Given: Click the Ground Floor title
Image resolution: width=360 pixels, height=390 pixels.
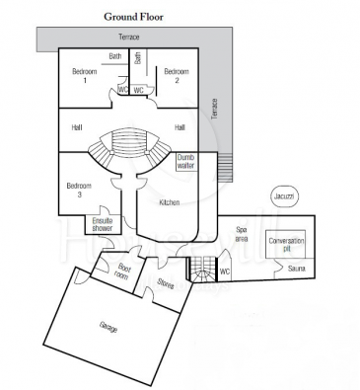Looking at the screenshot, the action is coord(133,17).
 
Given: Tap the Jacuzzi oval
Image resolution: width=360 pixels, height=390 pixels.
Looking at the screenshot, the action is coord(284,196).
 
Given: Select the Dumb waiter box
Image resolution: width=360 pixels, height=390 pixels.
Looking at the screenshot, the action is coord(186,162).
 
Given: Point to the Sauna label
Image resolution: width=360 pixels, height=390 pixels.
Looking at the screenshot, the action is coord(297,269).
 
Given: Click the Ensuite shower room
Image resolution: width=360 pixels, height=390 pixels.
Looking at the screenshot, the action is coord(103,224).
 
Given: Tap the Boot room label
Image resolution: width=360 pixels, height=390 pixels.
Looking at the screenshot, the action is coord(121,273).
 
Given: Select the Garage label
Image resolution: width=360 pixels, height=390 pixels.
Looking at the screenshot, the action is coord(108,327).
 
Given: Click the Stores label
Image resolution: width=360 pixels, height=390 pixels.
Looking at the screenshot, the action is coord(166,283).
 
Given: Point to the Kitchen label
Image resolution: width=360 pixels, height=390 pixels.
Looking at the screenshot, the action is coord(170,202).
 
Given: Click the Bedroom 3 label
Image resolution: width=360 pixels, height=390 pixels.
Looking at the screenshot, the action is coord(79,191).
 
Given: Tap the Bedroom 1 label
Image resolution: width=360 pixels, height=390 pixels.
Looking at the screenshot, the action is coord(85,76).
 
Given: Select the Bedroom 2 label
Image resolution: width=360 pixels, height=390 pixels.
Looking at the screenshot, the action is coord(177,76).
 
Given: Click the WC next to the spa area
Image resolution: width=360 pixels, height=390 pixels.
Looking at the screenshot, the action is coord(225,272).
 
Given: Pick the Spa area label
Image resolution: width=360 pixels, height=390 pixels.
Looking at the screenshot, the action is coord(242,234).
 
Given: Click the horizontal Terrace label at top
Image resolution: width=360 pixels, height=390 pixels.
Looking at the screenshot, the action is coord(129,37).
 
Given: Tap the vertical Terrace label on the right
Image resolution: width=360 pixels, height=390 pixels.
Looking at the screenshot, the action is coord(215,109).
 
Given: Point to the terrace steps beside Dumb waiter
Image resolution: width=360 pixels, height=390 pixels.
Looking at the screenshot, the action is coord(225,168).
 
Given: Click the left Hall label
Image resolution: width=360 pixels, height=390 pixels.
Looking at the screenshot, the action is coord(77,127).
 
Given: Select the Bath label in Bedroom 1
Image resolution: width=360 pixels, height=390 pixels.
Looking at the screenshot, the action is coord(115,56).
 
